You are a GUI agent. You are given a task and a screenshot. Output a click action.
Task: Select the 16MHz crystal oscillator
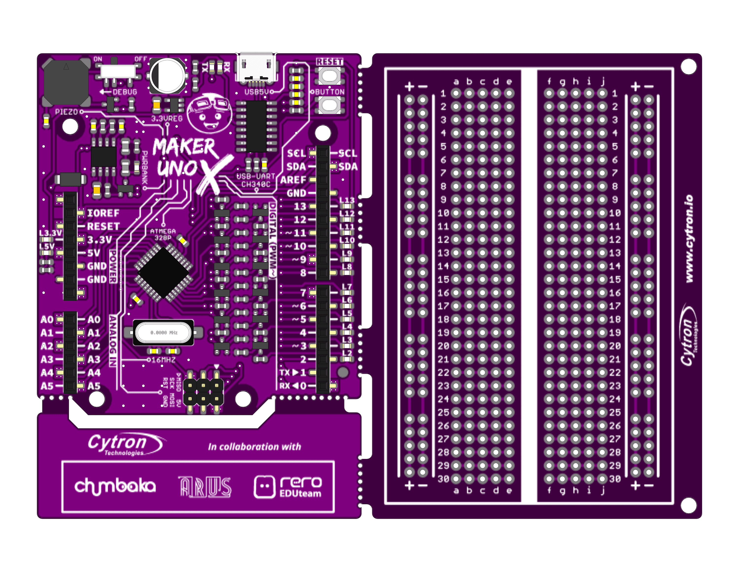tap(164, 333)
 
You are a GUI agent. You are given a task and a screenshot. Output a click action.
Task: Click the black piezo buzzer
tap(66, 82)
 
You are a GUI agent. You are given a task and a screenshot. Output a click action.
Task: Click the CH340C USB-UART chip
tap(256, 126)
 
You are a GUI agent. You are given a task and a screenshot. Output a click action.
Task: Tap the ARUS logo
tap(205, 487)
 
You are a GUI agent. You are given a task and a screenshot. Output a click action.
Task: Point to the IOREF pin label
tap(103, 213)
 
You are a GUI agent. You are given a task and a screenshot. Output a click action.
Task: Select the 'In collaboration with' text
tap(254, 447)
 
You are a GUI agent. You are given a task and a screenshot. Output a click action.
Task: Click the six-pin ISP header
tap(203, 392)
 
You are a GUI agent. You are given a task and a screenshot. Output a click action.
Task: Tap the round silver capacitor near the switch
tap(167, 75)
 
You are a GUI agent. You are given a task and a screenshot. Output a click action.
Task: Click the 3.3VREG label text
tap(167, 119)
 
